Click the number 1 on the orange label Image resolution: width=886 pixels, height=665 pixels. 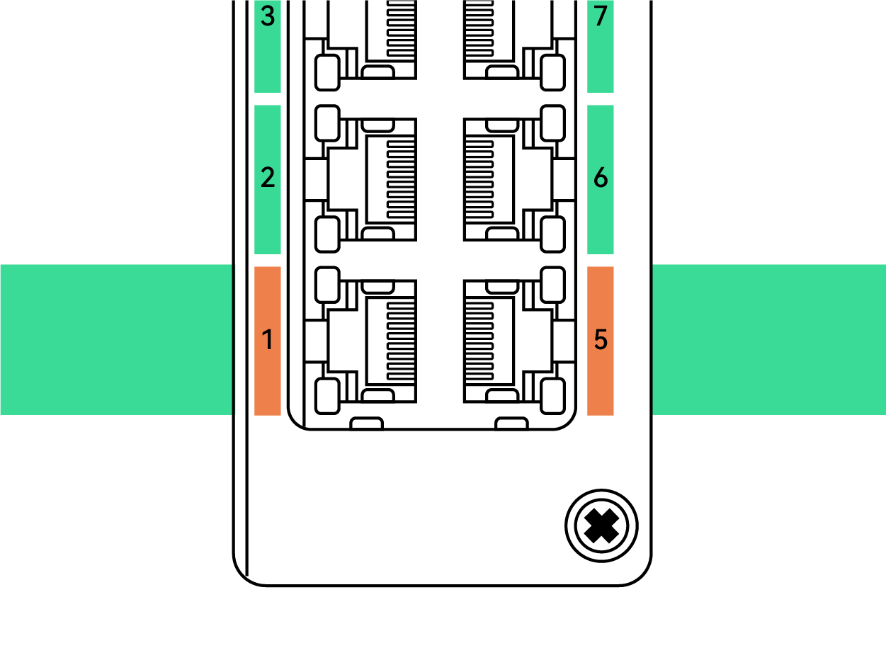(267, 341)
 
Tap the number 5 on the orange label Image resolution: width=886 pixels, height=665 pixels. (601, 341)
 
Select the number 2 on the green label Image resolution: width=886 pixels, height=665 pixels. (267, 178)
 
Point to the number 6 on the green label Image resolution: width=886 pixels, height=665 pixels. (601, 178)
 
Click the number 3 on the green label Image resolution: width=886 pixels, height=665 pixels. (267, 16)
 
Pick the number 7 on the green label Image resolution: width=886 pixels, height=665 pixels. (601, 16)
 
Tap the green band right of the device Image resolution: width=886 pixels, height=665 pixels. (768, 339)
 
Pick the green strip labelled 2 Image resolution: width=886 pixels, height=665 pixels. (267, 220)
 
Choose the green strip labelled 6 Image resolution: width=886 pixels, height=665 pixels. (601, 220)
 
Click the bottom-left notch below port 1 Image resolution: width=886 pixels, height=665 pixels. (367, 424)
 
